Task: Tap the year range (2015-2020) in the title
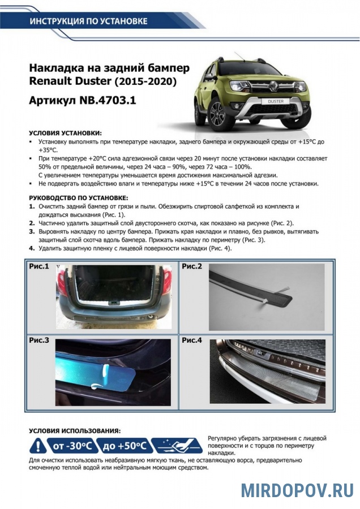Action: (x=146, y=83)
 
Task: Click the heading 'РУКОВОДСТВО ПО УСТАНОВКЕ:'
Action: (x=78, y=198)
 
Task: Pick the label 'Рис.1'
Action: (x=39, y=265)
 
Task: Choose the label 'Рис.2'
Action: (x=192, y=265)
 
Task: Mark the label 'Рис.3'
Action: (x=39, y=340)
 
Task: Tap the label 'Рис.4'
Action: (x=192, y=340)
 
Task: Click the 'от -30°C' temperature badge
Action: (x=74, y=446)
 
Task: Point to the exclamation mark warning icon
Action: (x=37, y=446)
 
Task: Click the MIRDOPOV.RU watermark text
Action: (x=297, y=490)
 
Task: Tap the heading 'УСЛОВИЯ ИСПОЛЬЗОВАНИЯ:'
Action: (x=74, y=430)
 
